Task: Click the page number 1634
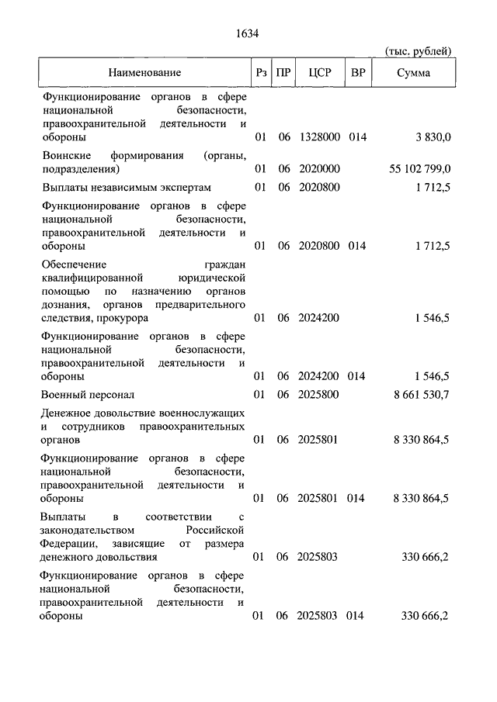point(247,33)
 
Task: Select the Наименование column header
point(144,73)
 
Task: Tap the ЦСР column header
point(319,73)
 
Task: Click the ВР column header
point(359,73)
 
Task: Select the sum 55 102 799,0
point(419,168)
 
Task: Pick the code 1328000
point(319,137)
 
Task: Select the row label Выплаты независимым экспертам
point(127,188)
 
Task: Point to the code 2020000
point(319,168)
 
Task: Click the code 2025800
point(319,395)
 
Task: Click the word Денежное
point(68,413)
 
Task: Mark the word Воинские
point(66,155)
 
